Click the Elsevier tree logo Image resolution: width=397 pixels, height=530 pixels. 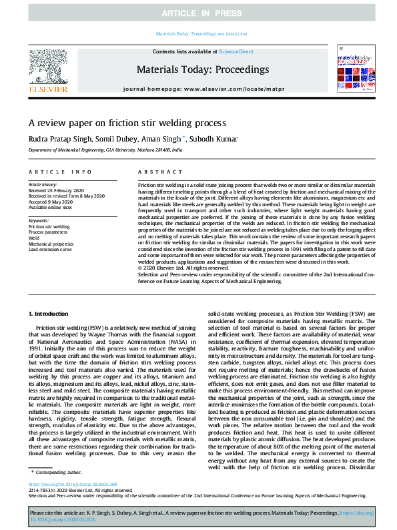[x=47, y=70]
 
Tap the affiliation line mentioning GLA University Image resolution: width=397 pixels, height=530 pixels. [x=104, y=151]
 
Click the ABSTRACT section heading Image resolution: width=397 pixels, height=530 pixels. [x=151, y=172]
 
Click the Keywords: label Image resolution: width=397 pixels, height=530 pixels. [x=39, y=220]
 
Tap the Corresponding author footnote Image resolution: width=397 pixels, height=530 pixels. [x=59, y=473]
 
